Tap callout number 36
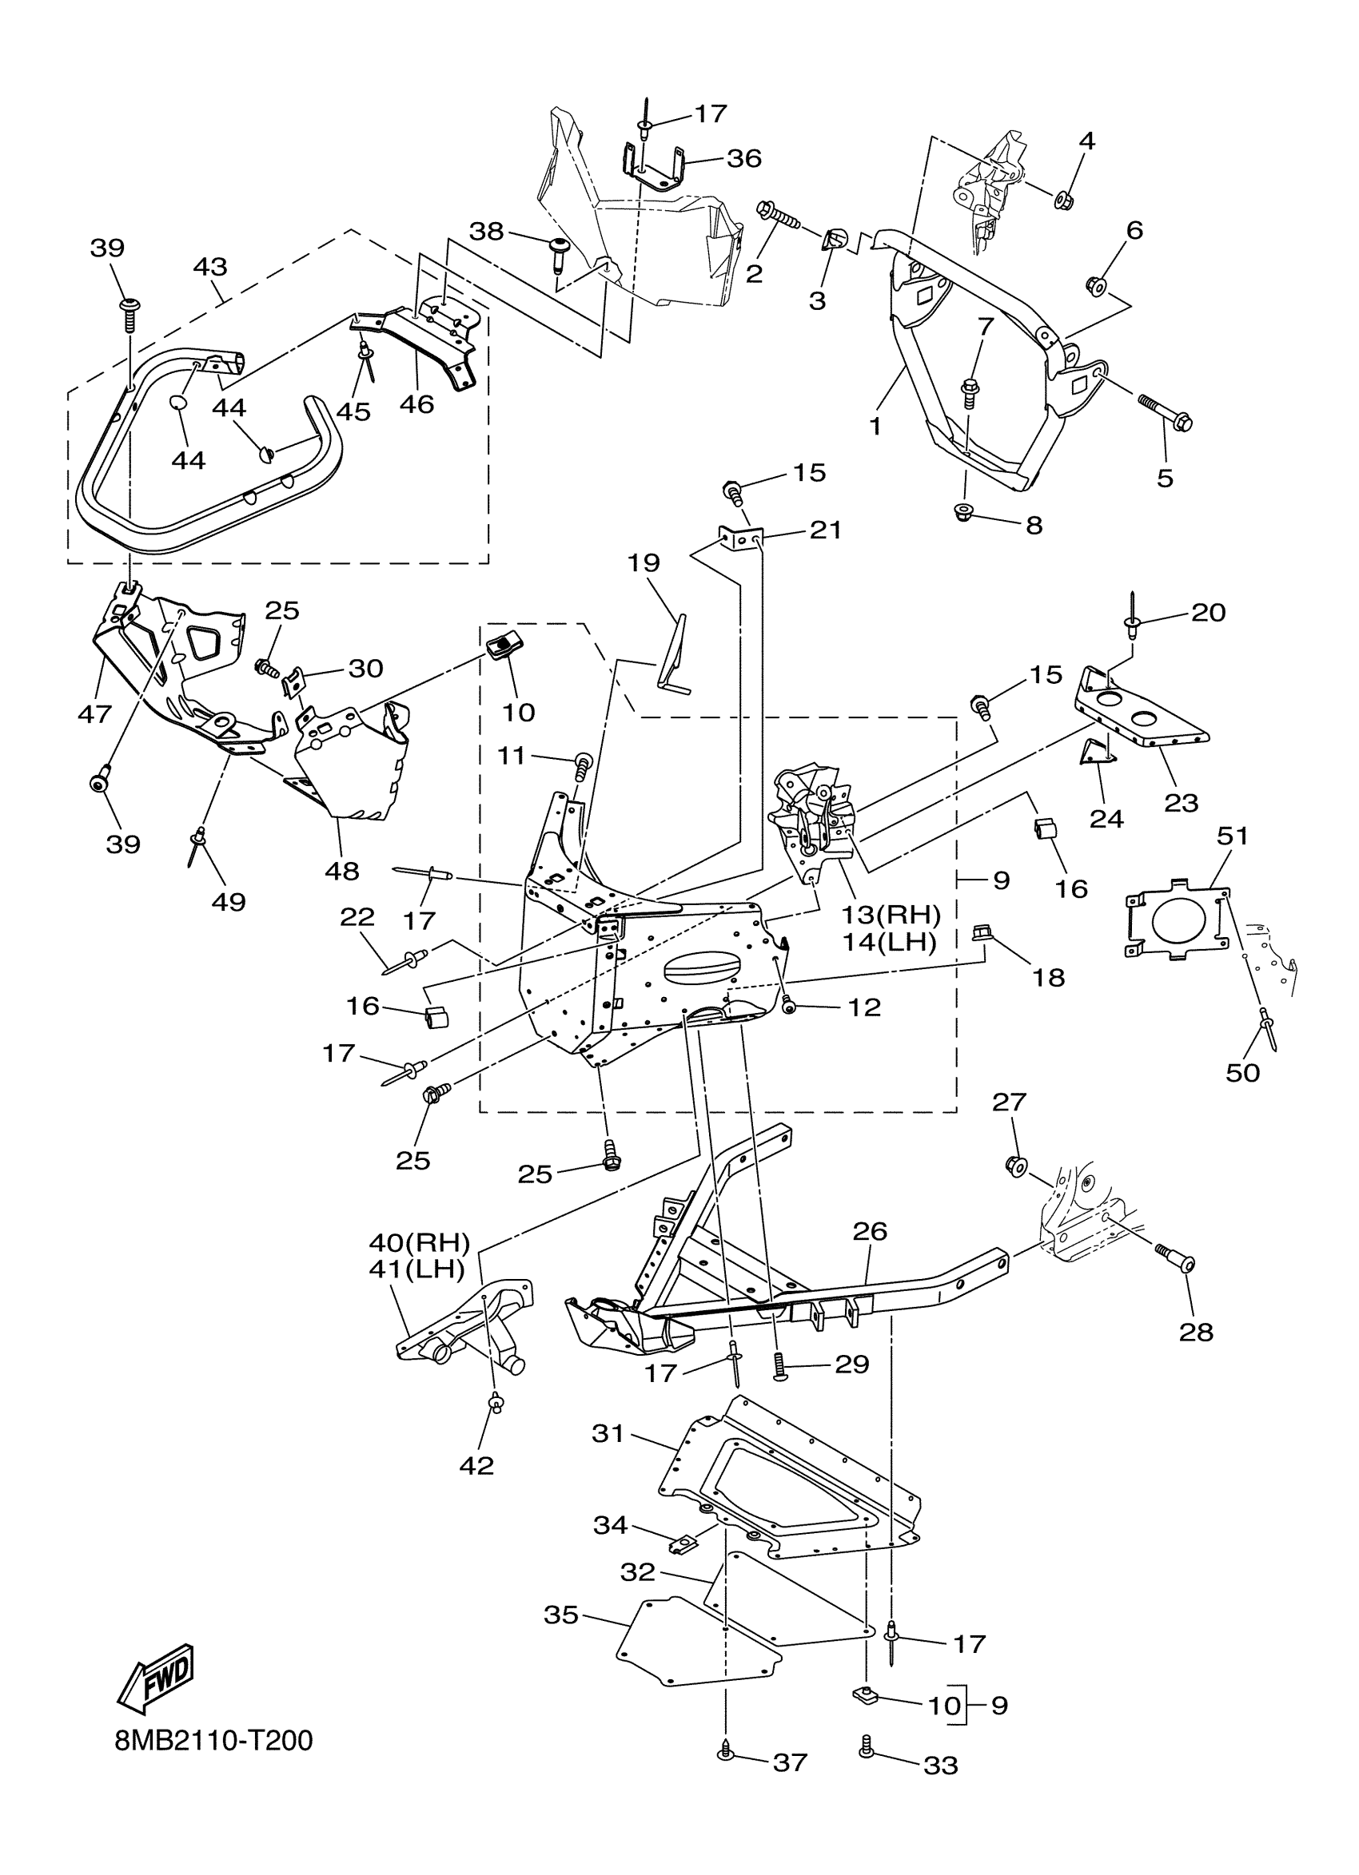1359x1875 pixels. click(x=743, y=158)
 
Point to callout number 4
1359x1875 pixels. click(x=1087, y=141)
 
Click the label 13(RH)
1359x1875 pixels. click(x=891, y=915)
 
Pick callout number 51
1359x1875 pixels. click(x=1232, y=836)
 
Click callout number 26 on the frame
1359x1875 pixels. click(x=869, y=1254)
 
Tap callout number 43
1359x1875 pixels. click(x=210, y=267)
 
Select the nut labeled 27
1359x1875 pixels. click(x=1017, y=1166)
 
